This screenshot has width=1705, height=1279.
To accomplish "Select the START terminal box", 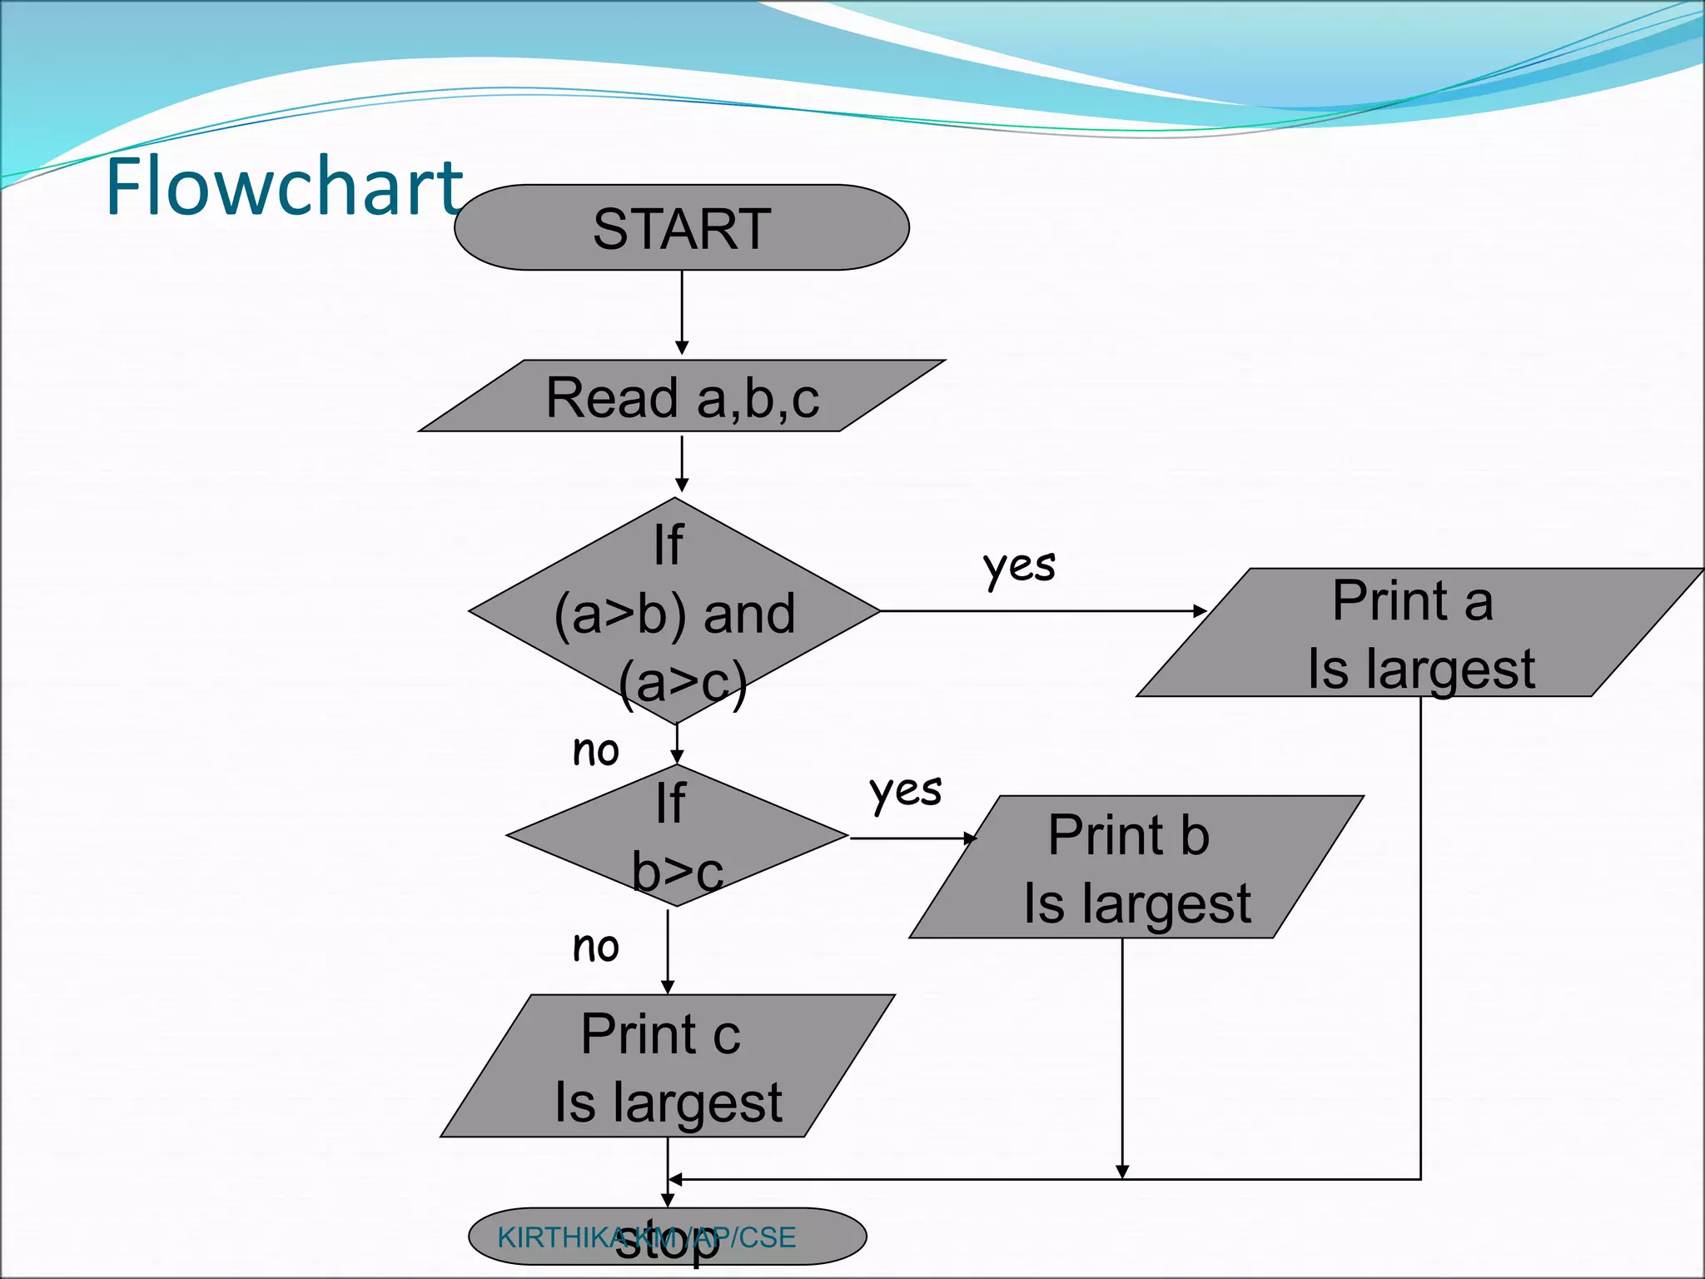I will point(681,227).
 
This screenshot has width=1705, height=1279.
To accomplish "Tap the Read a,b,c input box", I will point(682,396).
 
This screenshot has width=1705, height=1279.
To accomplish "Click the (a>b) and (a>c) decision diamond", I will point(674,611).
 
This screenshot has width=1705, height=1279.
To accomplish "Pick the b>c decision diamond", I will point(676,835).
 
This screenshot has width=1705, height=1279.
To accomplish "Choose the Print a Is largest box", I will point(1420,633).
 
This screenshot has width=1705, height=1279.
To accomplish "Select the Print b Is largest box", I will point(1136,868).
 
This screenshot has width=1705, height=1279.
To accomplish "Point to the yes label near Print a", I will point(1019,566).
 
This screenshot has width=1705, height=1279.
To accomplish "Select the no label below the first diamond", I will point(596,751).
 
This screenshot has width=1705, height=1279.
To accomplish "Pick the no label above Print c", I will point(596,947).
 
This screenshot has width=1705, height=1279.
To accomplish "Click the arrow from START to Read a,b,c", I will point(682,312).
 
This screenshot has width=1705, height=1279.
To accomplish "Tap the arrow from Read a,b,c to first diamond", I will point(682,463).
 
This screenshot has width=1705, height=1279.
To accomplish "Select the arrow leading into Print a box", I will point(1041,611).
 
